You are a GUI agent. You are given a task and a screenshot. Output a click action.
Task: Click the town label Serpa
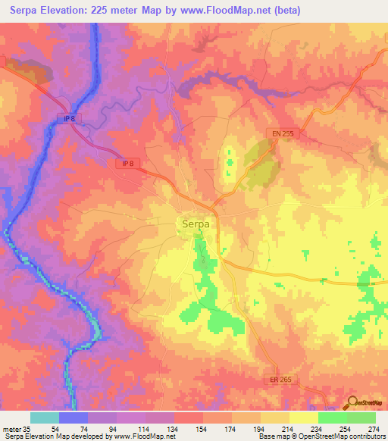click(x=196, y=224)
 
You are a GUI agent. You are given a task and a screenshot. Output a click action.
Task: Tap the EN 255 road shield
click(x=282, y=133)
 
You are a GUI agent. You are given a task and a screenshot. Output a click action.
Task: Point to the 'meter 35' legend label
click(x=16, y=428)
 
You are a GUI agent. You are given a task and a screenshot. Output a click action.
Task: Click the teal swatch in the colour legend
click(x=45, y=418)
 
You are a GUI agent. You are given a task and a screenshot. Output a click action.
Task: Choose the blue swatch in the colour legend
click(x=74, y=418)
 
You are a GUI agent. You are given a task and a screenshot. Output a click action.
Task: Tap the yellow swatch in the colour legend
click(x=304, y=418)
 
